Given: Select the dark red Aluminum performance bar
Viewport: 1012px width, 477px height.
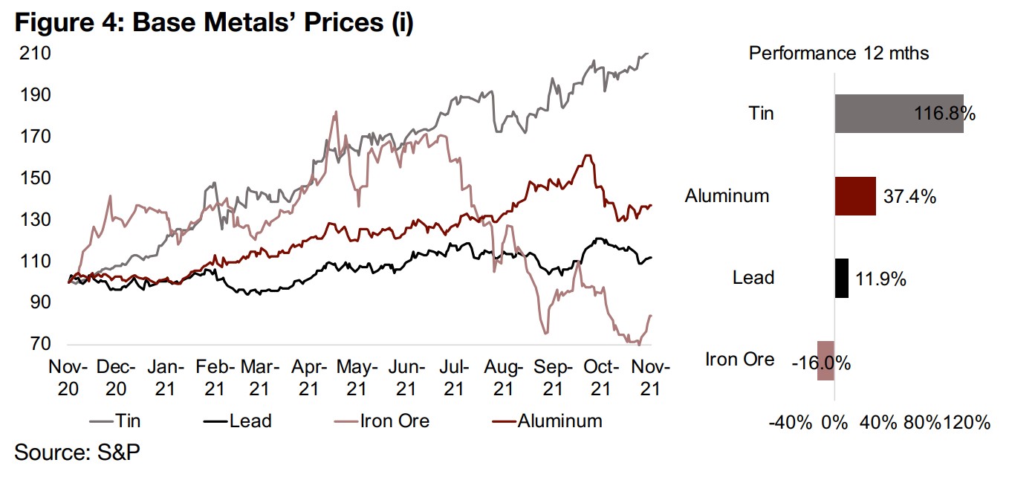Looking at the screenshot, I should click(x=855, y=196).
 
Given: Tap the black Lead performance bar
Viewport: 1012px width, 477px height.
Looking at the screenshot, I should click(x=841, y=278).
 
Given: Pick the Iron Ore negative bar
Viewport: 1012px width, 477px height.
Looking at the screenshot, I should click(x=826, y=360).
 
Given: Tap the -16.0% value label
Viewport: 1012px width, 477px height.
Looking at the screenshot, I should click(x=821, y=363).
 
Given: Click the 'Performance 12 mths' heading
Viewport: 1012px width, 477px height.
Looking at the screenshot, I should click(x=839, y=53).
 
